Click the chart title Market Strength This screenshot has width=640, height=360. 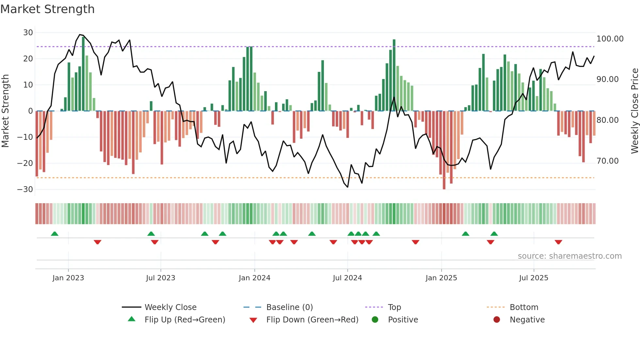(x=48, y=9)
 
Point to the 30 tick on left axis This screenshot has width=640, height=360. (x=28, y=33)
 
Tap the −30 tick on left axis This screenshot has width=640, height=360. (x=25, y=189)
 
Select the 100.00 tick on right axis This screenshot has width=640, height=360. (x=610, y=39)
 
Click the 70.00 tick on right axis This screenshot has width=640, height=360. (x=607, y=161)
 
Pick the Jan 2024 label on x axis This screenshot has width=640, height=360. (x=254, y=278)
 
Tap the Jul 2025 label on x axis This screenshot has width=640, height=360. (x=534, y=278)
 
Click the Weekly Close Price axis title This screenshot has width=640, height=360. (x=634, y=111)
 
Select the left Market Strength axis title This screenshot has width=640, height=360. (x=6, y=111)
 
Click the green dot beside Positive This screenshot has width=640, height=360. (x=375, y=320)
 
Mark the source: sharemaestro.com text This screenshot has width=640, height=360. (x=569, y=256)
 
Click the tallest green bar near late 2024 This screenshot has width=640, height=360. (x=394, y=75)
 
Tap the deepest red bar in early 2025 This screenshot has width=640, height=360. (x=444, y=150)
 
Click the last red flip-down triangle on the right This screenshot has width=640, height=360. (x=558, y=242)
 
